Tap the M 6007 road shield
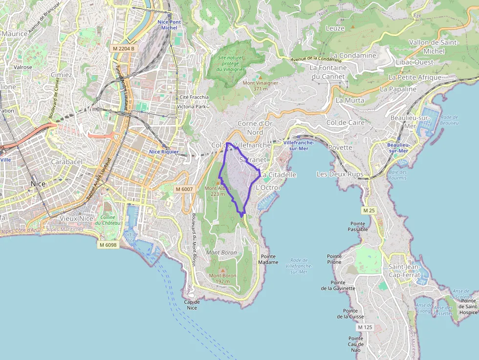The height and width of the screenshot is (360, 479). point(184,189)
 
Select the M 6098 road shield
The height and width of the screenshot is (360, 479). point(108,245)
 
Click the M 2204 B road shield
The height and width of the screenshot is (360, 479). point(123,48)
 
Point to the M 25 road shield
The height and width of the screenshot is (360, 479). point(368,210)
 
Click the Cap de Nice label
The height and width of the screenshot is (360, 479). point(192,304)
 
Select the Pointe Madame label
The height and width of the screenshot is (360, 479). point(268,259)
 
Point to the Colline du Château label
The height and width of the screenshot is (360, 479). point(108,220)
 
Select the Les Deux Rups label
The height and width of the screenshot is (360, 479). point(340,174)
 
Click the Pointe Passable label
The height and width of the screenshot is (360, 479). point(359,226)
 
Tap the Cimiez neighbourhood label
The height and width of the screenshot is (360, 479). point(61,75)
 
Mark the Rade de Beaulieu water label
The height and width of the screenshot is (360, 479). point(449,120)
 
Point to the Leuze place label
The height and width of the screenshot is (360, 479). point(335,28)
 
